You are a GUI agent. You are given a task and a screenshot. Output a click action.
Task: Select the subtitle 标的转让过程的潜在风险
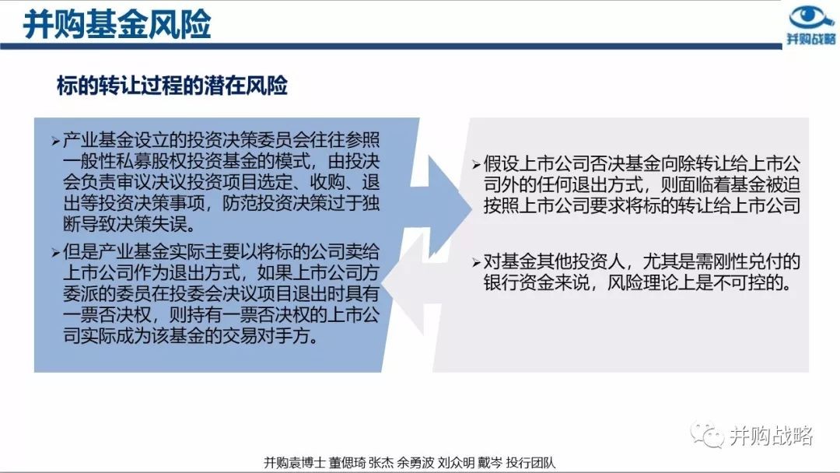coord(172,85)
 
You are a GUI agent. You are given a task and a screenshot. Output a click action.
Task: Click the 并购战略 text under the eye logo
coord(811,39)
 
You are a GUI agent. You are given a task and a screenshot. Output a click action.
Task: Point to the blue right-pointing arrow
coord(440,207)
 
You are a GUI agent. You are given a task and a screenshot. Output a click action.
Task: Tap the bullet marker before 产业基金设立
coord(56,141)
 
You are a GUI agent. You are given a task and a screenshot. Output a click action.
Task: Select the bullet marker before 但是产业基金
coord(56,252)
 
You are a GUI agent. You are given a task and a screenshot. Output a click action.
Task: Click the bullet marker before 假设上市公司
coord(476,164)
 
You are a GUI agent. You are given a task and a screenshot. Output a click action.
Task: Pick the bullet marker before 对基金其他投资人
coord(476,262)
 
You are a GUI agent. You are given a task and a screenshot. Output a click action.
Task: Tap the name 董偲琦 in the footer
coord(347,463)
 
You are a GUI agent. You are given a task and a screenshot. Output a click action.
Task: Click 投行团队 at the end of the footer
coord(531,463)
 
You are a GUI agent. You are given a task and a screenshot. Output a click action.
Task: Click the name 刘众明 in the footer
coord(456,463)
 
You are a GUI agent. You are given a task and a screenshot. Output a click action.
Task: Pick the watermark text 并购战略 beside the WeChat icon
coord(772,436)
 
